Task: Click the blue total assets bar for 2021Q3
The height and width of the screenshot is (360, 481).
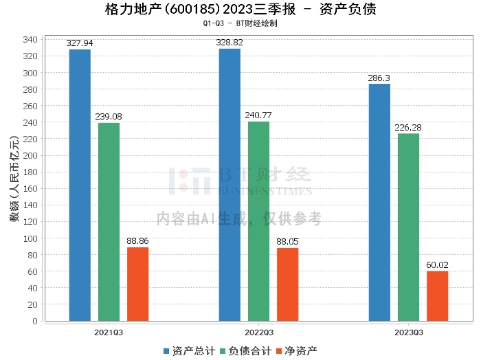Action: click(80, 185)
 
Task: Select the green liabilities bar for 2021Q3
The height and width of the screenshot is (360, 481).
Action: click(109, 221)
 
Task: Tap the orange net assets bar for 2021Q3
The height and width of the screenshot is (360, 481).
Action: click(137, 284)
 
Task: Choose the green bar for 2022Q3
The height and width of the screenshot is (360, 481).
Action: click(258, 221)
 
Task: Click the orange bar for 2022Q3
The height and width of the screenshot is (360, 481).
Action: click(287, 284)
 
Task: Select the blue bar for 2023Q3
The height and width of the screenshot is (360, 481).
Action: click(379, 202)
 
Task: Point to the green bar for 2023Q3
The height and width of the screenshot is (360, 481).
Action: click(408, 227)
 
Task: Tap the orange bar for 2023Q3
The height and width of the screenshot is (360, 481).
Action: click(437, 295)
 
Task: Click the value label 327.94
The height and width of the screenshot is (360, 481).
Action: click(80, 43)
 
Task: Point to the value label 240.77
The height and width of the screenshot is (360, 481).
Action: click(258, 115)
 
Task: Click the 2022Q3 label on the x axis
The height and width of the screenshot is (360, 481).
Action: click(258, 332)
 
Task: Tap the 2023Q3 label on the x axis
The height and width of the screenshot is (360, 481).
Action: click(408, 332)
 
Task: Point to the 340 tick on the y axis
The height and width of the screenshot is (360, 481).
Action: click(30, 40)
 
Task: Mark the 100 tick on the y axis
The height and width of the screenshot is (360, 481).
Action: click(30, 238)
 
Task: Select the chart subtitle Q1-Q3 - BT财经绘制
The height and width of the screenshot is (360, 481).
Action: click(240, 24)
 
